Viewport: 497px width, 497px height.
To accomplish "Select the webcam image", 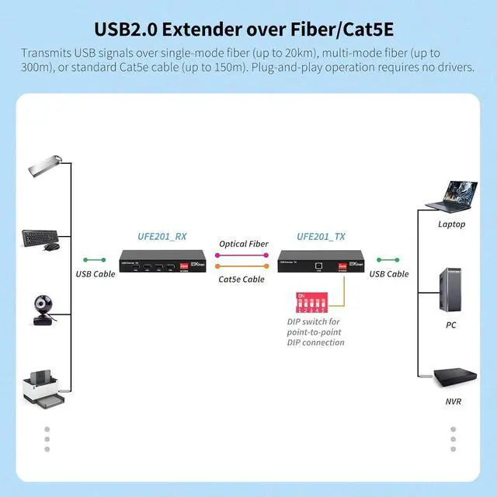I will pyautogui.click(x=43, y=308).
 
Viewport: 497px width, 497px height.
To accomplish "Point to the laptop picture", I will pyautogui.click(x=450, y=197).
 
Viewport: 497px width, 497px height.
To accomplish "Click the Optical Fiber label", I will pyautogui.click(x=243, y=244).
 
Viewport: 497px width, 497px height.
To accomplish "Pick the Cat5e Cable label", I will pyautogui.click(x=242, y=279).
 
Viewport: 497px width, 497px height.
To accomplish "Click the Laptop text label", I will pyautogui.click(x=451, y=224).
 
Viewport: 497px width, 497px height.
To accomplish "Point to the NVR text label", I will pyautogui.click(x=453, y=401).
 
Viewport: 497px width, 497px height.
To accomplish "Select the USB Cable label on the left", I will pyautogui.click(x=95, y=273).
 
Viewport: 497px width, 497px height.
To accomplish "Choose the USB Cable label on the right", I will pyautogui.click(x=388, y=273).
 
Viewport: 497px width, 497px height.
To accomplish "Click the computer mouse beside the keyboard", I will pyautogui.click(x=52, y=247).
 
